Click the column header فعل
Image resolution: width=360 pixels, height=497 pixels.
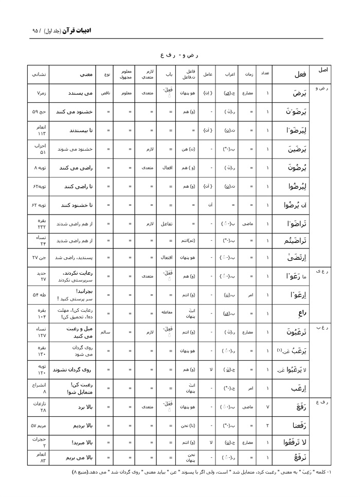[300, 75]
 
